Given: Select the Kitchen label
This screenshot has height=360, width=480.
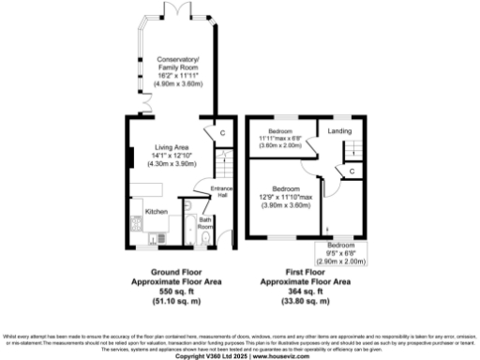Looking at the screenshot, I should click(x=156, y=212).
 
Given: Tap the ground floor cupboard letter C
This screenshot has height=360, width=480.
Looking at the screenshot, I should click(x=222, y=133).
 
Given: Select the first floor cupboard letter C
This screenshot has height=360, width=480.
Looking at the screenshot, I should click(x=351, y=172).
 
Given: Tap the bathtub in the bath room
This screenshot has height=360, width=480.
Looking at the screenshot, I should click(x=187, y=227).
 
